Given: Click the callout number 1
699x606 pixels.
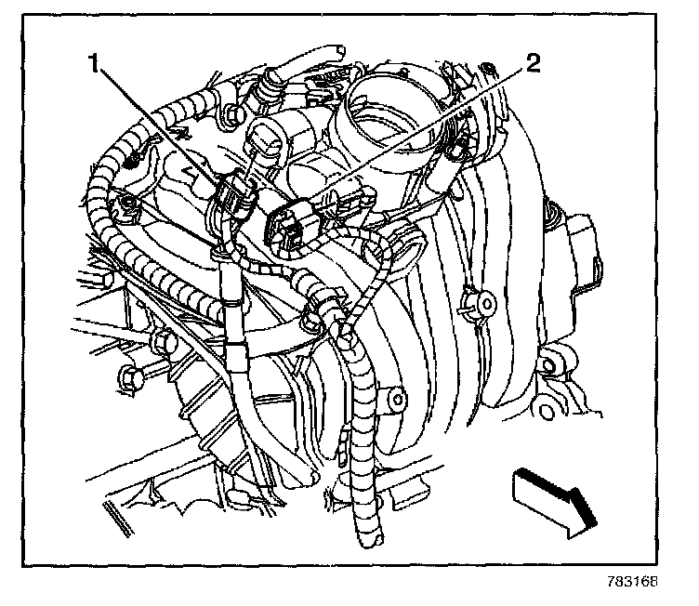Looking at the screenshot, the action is [93, 65].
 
